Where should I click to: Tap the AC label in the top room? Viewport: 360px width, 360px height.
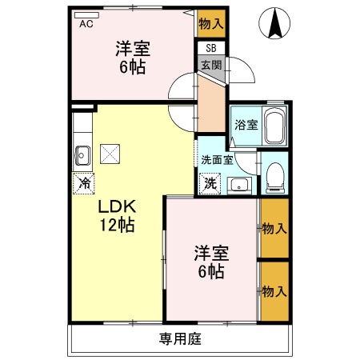point(86,23)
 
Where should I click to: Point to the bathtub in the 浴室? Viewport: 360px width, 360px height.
point(275,126)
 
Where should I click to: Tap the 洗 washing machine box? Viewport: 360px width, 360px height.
point(209,183)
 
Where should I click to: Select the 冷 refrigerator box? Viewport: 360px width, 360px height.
point(83,183)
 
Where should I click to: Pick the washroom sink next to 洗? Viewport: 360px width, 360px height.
point(238,186)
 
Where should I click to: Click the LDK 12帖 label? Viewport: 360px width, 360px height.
point(116,215)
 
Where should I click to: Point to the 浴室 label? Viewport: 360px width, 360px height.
point(246,126)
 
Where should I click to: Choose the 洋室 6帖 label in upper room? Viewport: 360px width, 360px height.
point(132,57)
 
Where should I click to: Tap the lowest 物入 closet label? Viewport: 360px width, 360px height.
point(274,290)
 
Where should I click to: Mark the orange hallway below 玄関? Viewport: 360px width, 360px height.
point(210,104)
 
